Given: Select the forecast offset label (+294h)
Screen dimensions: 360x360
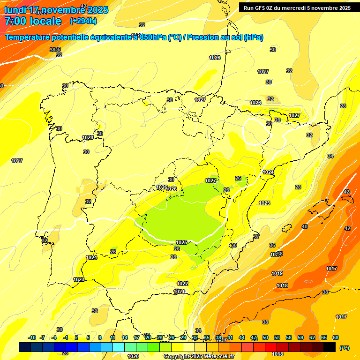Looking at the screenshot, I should [83, 21].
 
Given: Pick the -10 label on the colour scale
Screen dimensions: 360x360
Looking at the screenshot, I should [32, 337].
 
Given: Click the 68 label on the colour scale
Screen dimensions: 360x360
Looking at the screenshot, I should [336, 337].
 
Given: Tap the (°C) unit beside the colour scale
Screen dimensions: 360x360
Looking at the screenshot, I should [344, 348].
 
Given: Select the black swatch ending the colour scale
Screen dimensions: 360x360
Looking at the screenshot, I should [330, 347].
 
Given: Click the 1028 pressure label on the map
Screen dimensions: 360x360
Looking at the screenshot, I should [88, 137].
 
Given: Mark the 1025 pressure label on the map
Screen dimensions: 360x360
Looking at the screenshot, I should [181, 242].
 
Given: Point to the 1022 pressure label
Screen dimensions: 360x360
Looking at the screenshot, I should [182, 284].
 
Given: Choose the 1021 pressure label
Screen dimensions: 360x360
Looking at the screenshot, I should [179, 292].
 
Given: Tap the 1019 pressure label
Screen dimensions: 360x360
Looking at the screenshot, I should [277, 273].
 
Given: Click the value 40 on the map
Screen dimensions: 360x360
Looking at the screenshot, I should [305, 226].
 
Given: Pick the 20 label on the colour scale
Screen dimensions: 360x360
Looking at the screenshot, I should [148, 337].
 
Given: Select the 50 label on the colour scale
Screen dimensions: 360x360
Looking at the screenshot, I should [265, 337].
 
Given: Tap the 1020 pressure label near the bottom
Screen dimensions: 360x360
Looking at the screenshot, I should [133, 356].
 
